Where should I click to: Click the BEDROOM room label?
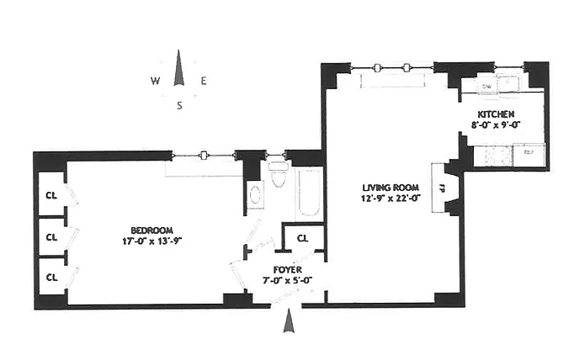pyautogui.click(x=152, y=230)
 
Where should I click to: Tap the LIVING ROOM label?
pyautogui.click(x=386, y=188)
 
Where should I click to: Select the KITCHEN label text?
pyautogui.click(x=496, y=114)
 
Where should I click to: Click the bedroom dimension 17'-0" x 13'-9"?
pyautogui.click(x=152, y=241)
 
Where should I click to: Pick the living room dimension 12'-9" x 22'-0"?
pyautogui.click(x=386, y=199)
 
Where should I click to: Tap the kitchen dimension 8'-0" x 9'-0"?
pyautogui.click(x=496, y=124)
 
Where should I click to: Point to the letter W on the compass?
pyautogui.click(x=156, y=82)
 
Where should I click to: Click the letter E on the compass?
pyautogui.click(x=204, y=82)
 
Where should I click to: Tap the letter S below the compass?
pyautogui.click(x=179, y=105)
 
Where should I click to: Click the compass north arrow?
pyautogui.click(x=178, y=69)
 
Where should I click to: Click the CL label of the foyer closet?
pyautogui.click(x=303, y=238)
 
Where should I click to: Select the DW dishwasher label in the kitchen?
pyautogui.click(x=487, y=85)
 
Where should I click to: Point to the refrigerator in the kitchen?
pyautogui.click(x=529, y=153)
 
